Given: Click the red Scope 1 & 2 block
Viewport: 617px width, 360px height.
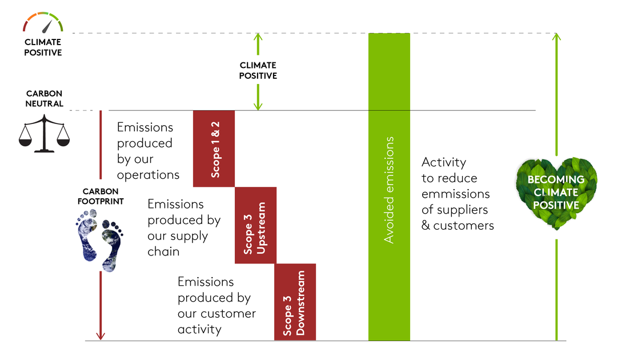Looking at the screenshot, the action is coord(214,149).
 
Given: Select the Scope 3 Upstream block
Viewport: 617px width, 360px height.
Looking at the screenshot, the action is coord(256,226).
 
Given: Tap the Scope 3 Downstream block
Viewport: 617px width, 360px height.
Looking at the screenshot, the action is coord(295,302).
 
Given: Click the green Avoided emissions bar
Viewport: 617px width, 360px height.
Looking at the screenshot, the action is coord(389,187).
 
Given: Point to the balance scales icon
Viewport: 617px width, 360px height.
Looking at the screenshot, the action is coord(44,134).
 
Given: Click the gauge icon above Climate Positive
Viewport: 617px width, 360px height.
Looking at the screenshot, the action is coord(43,22).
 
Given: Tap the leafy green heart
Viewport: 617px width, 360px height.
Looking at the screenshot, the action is coord(556,193).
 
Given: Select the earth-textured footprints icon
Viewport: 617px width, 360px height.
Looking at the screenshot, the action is coord(99,240).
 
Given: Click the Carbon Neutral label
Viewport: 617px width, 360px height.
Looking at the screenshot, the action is coord(44,98).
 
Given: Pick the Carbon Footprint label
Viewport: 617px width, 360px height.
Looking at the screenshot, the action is coord(101,196).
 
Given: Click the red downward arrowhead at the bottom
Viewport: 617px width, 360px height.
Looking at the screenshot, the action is coord(101,335).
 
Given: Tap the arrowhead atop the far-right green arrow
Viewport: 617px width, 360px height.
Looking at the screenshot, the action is coord(556,37).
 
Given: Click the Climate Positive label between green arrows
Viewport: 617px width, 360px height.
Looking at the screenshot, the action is coord(258,70).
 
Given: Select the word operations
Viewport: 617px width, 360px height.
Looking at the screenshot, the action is coord(148,175).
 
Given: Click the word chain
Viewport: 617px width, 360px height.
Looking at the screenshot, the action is coord(163,251).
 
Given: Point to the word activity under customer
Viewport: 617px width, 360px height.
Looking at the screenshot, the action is coord(199,329).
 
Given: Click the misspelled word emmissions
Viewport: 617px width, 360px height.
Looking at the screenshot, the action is coord(456,194).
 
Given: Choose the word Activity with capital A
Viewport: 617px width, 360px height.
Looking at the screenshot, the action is coord(444,162).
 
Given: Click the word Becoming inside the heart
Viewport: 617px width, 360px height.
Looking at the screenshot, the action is coord(556,179).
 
